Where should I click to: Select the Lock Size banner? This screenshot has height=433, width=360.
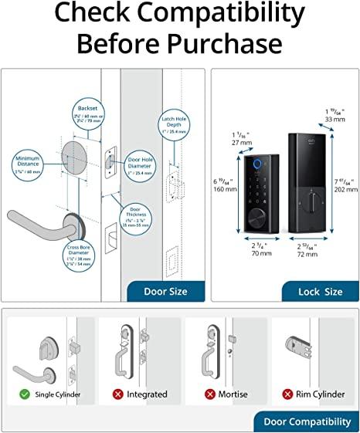coord(321,292)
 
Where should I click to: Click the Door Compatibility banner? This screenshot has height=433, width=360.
coord(306,422)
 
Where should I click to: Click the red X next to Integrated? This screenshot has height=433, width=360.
coord(117,394)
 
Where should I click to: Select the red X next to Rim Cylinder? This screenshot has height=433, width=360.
coord(286,394)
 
